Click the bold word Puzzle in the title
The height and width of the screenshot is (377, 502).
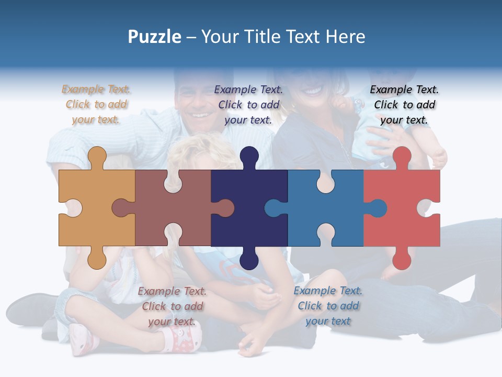[154, 37]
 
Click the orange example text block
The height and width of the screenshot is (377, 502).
[96, 104]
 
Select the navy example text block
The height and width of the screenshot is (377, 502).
[248, 104]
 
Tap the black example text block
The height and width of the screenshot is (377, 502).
[404, 104]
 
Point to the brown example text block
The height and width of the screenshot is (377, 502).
[172, 306]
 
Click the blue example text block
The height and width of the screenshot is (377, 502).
[328, 306]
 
